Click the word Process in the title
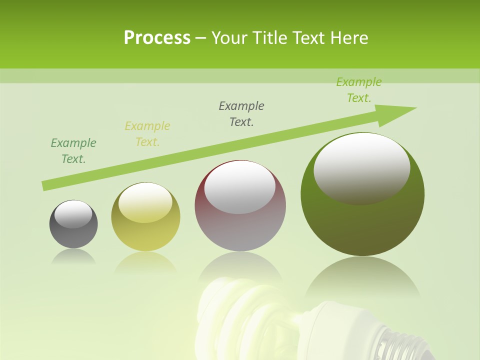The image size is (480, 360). tap(157, 38)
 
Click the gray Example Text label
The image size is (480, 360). tap(241, 113)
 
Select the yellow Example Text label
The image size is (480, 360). tap(147, 133)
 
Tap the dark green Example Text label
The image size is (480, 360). tap(73, 150)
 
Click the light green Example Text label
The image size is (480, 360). tap(359, 89)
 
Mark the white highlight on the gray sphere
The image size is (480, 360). tap(73, 214)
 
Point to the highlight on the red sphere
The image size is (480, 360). tap(240, 187)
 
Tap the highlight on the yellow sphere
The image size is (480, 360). tap(145, 201)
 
